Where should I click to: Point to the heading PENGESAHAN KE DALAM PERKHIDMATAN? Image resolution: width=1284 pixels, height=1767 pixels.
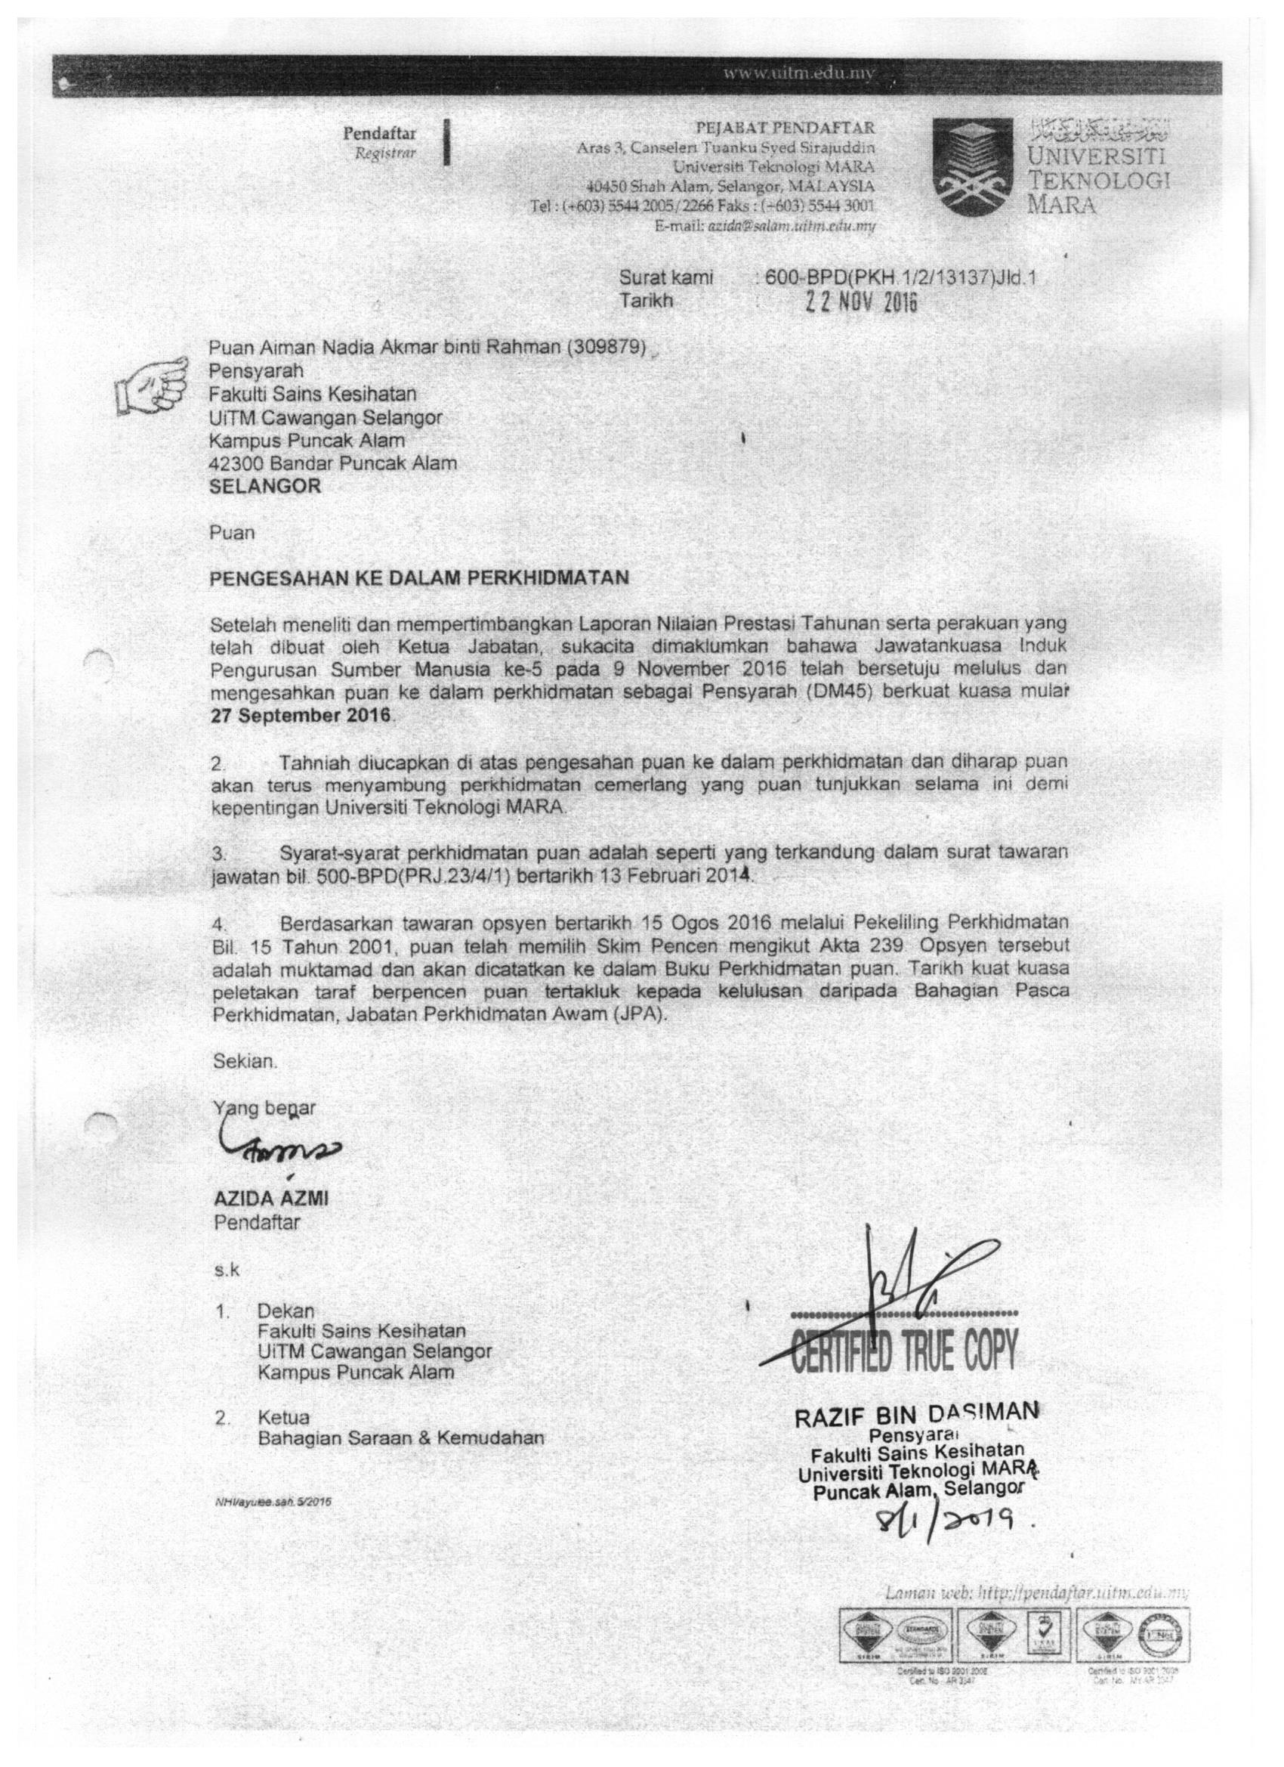(419, 577)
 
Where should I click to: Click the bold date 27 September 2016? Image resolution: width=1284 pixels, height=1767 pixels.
(301, 716)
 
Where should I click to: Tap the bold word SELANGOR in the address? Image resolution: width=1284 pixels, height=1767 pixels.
(265, 486)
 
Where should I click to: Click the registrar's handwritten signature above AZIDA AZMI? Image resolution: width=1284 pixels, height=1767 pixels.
(276, 1156)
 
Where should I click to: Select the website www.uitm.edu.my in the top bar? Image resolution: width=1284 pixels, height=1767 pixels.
(800, 75)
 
